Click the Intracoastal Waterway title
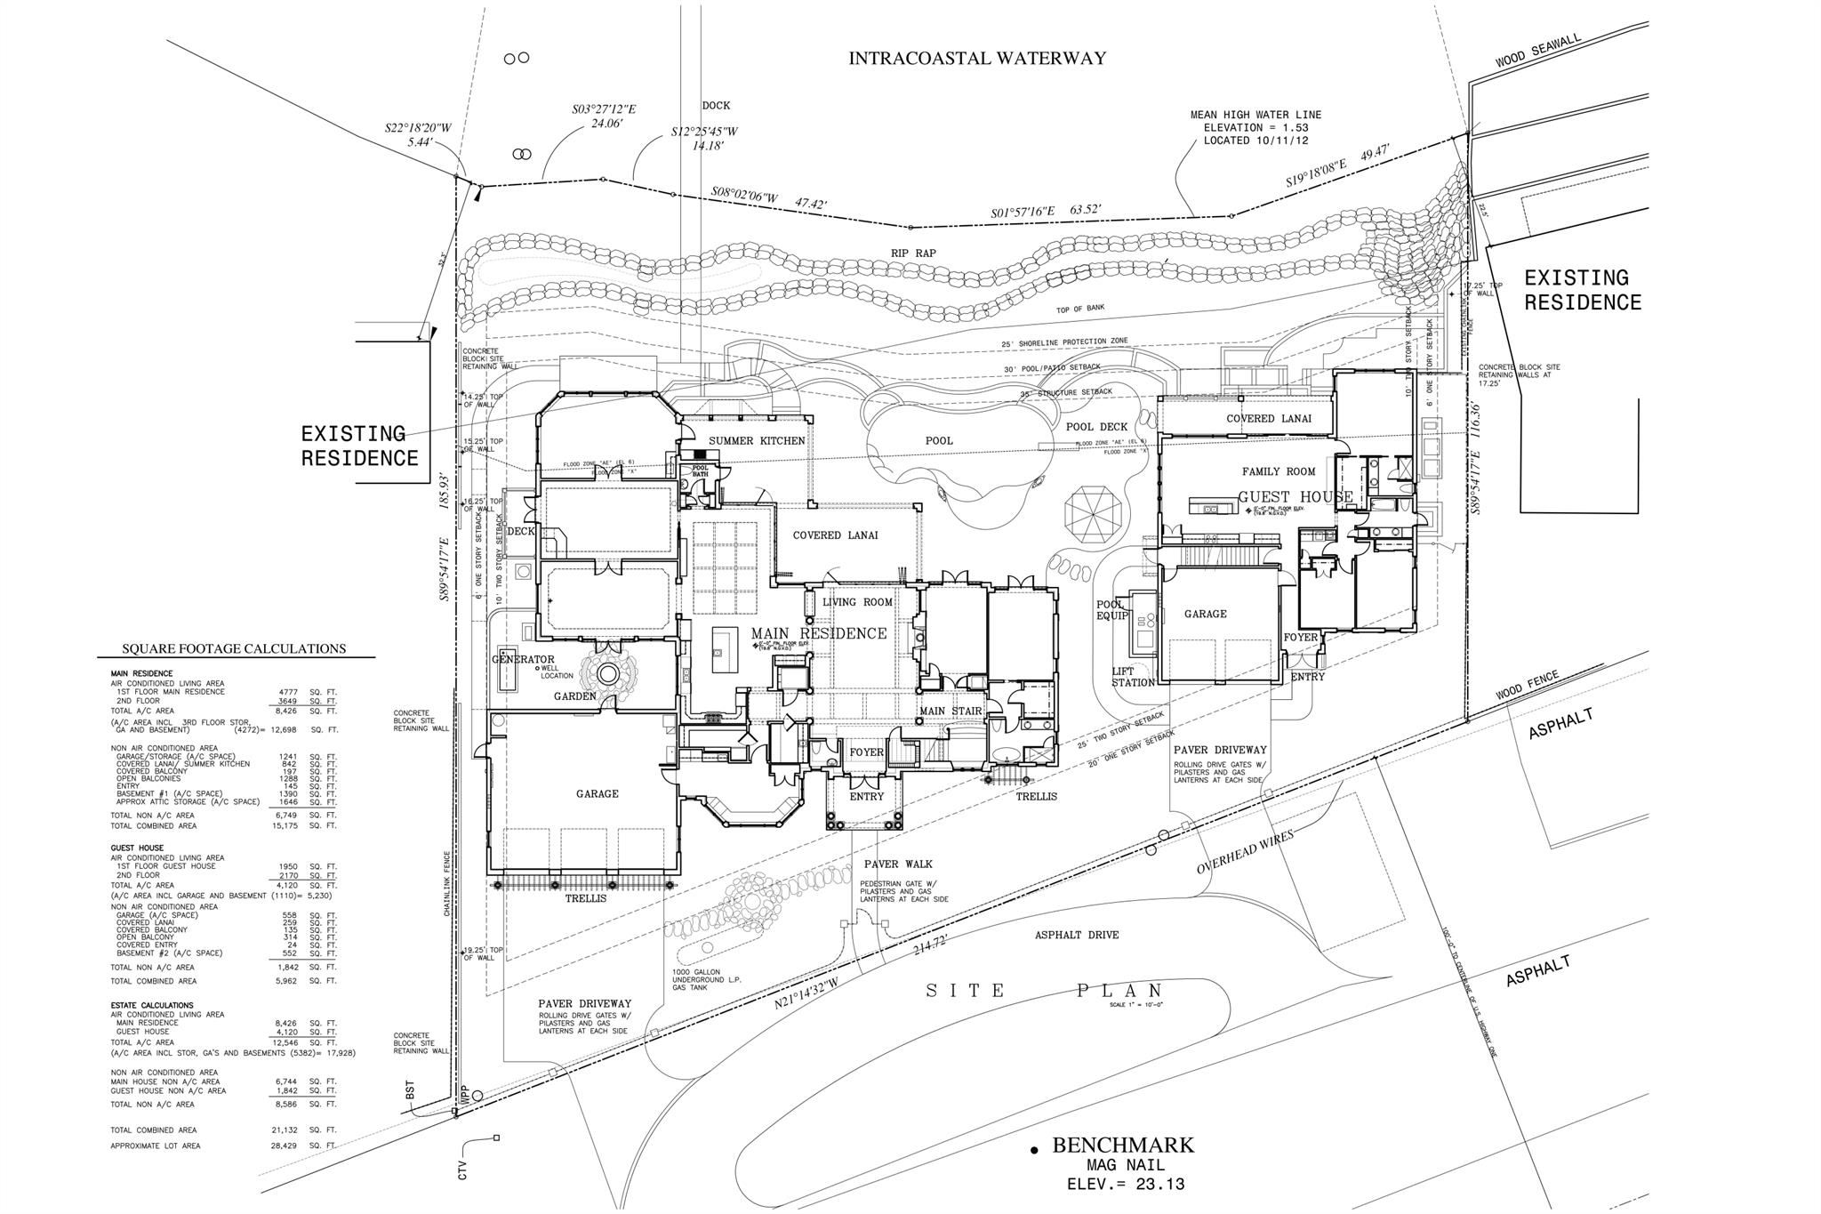pos(976,59)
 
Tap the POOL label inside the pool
pos(939,440)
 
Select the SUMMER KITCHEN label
pos(757,441)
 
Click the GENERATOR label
pos(523,659)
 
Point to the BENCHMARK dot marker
pos(1034,1151)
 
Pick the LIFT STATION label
pos(1132,677)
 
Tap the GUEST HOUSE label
pos(1296,497)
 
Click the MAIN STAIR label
pos(950,711)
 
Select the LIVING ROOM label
pos(857,602)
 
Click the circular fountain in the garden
pos(608,673)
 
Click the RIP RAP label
pos(913,253)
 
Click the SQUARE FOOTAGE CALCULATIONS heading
pos(234,648)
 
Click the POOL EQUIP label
pos(1111,610)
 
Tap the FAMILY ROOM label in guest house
pos(1278,471)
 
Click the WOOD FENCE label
pos(1527,685)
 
